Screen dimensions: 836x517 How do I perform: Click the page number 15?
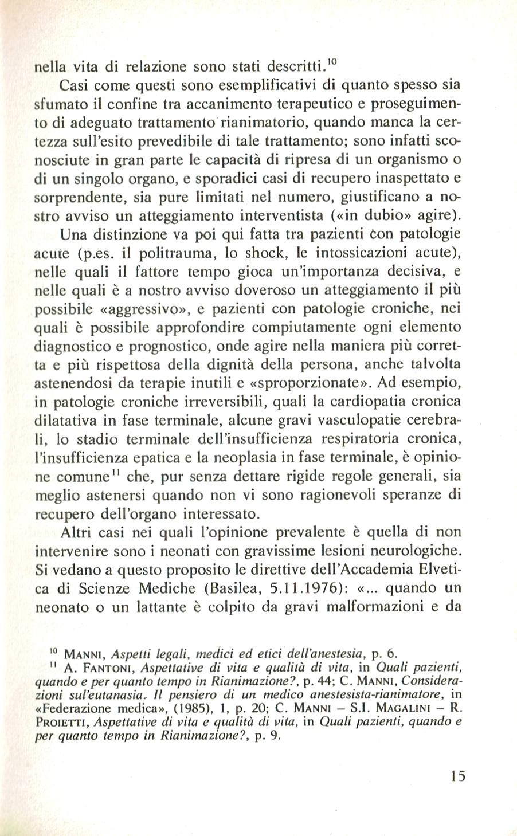[457, 776]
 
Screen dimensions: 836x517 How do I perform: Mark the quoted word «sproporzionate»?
[298, 382]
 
